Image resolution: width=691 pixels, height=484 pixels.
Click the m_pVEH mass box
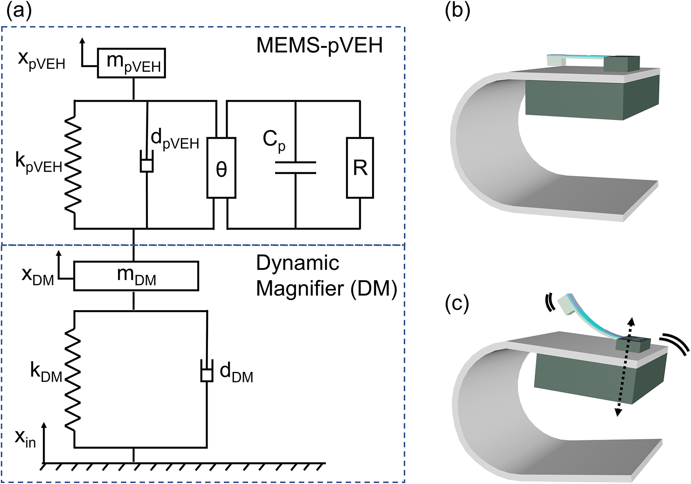[131, 63]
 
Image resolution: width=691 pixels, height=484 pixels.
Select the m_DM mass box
[136, 276]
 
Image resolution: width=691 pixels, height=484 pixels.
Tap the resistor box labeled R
[360, 168]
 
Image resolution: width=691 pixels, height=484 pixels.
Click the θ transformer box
[221, 168]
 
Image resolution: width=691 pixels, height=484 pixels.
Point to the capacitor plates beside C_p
[295, 167]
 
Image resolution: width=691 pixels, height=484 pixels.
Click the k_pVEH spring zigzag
[73, 165]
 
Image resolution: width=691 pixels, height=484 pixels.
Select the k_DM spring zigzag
[73, 379]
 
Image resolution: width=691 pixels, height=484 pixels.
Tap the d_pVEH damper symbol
[147, 164]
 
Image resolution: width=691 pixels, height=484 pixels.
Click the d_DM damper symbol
[207, 374]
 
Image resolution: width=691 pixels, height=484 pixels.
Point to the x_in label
[25, 438]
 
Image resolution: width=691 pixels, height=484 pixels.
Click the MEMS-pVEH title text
[319, 45]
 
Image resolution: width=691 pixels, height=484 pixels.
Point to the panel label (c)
[457, 303]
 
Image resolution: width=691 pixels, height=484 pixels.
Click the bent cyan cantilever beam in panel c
[600, 321]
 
